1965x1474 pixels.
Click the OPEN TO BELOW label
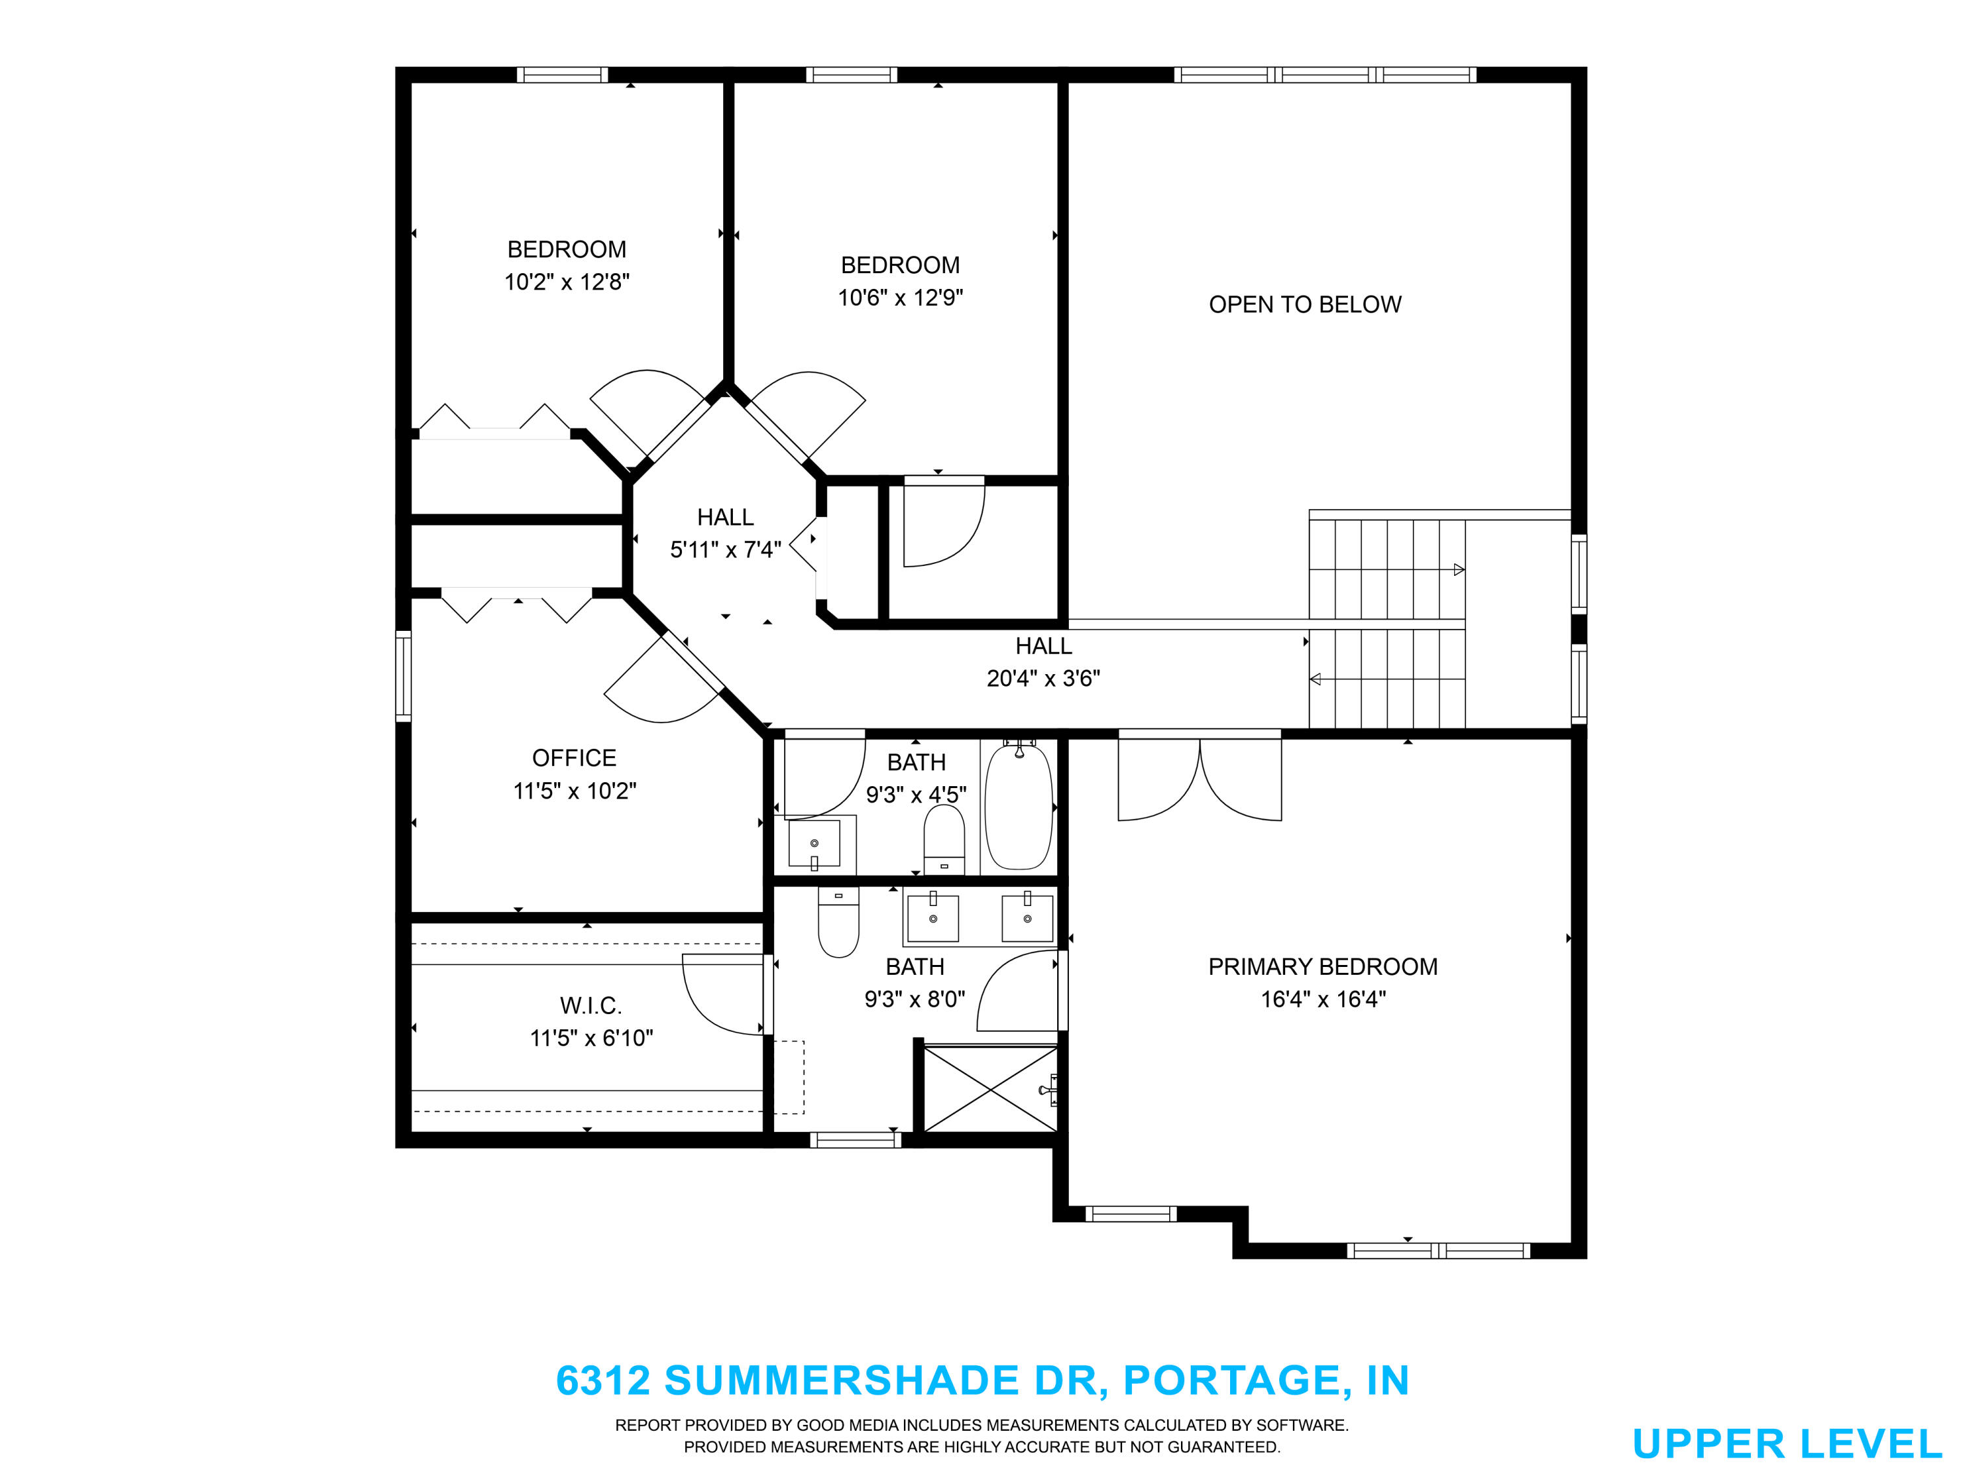1305,305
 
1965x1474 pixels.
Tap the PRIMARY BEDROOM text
1322,967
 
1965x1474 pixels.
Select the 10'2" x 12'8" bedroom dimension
567,282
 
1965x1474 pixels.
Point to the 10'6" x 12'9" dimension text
900,297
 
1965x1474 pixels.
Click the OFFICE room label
574,758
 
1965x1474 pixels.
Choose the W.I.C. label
591,1006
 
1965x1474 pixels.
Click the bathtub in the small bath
1019,806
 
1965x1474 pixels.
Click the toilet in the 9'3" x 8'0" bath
838,922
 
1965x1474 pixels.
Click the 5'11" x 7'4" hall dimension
725,550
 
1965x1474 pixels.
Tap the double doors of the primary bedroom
1199,775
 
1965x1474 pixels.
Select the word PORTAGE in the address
1232,1380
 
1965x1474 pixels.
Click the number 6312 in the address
603,1380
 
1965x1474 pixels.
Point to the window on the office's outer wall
403,675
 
